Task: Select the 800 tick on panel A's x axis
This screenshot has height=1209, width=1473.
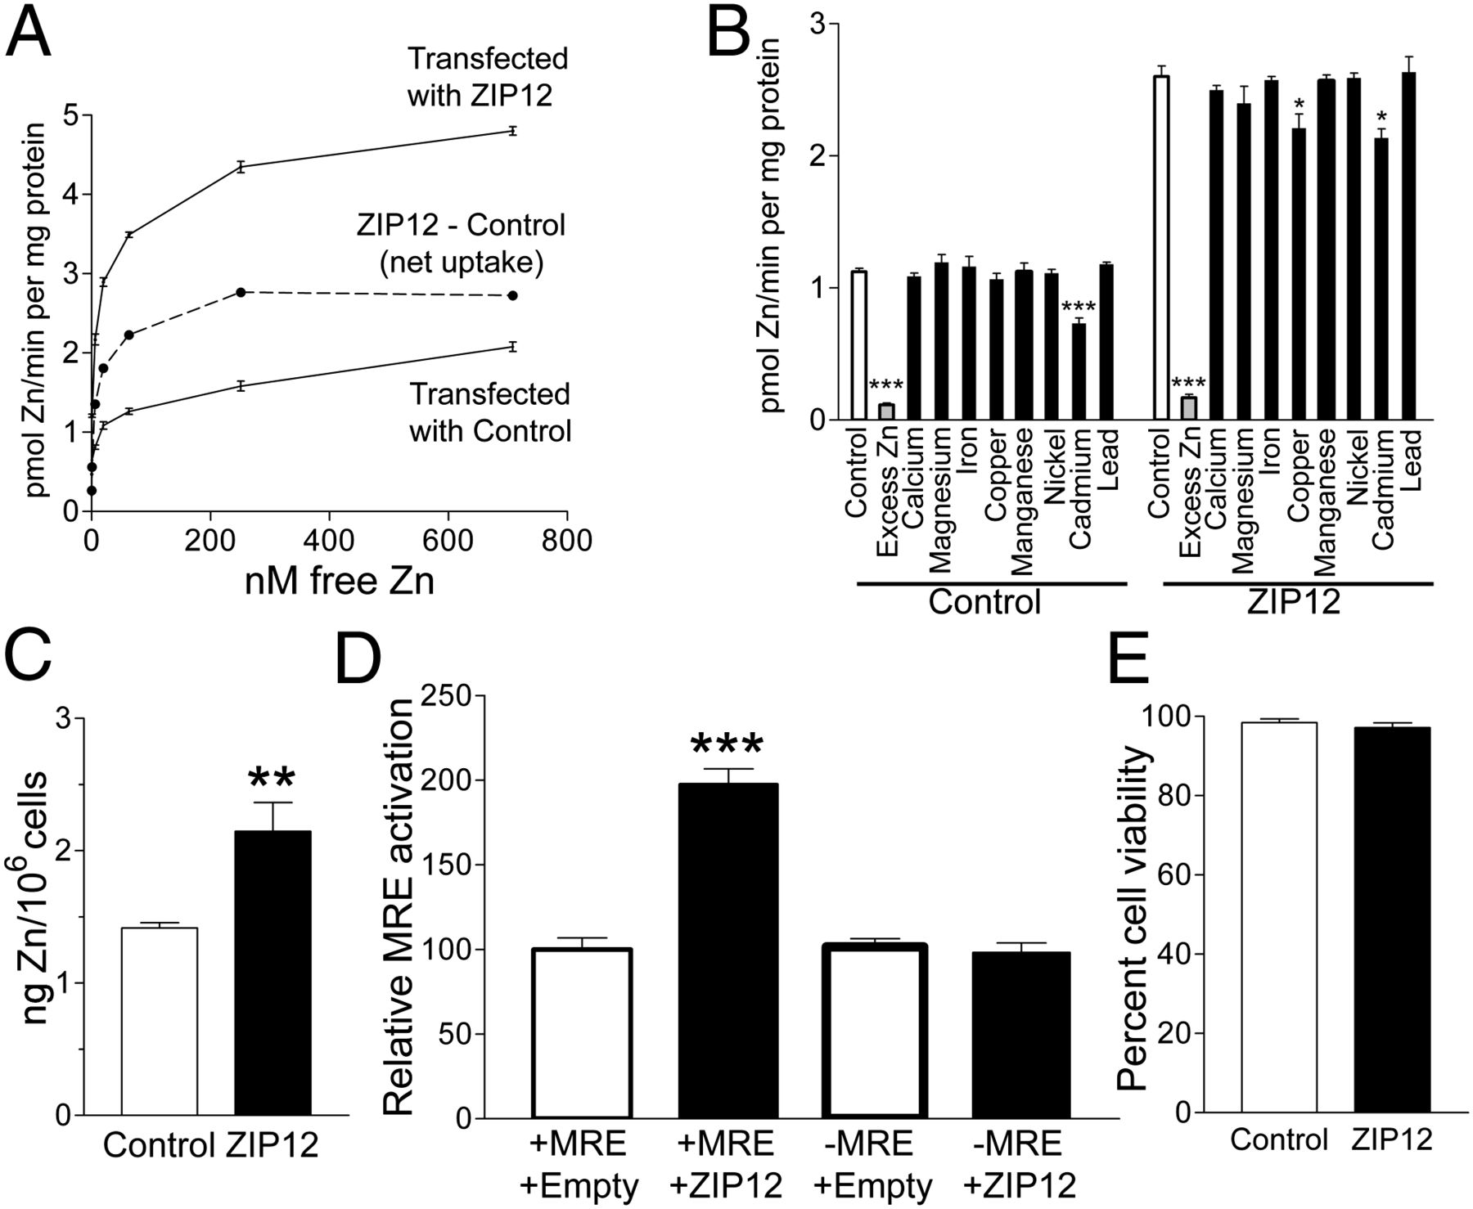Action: pyautogui.click(x=566, y=542)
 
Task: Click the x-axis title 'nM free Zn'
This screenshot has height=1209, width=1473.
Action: pyautogui.click(x=339, y=581)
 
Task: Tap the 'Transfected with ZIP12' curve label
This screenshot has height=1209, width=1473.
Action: pyautogui.click(x=488, y=77)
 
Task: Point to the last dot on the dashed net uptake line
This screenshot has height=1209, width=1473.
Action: pyautogui.click(x=513, y=295)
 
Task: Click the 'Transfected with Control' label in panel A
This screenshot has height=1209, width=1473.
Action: pyautogui.click(x=489, y=412)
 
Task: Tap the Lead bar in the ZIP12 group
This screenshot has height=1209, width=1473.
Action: pyautogui.click(x=1409, y=246)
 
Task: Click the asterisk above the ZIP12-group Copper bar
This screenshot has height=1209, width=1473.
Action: pyautogui.click(x=1298, y=105)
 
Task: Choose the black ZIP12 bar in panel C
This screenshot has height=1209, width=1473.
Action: pyautogui.click(x=273, y=973)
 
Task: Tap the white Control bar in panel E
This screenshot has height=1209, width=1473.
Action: pyautogui.click(x=1278, y=917)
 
